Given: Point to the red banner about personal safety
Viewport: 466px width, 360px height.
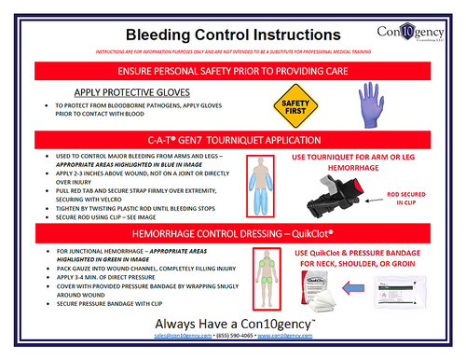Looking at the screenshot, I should tap(233, 72).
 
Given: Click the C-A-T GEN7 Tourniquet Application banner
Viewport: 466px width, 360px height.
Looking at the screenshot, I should tap(233, 139).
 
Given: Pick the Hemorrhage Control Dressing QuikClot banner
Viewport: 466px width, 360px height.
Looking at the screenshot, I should tap(233, 229).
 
